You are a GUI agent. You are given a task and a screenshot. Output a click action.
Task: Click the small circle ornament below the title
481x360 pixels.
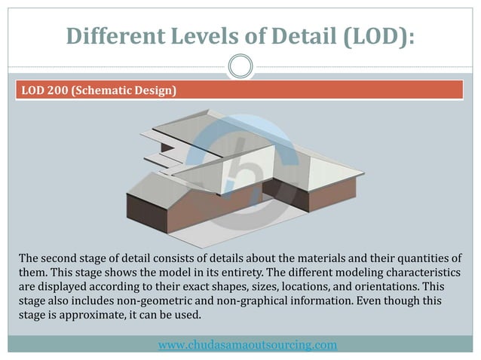[x=240, y=66]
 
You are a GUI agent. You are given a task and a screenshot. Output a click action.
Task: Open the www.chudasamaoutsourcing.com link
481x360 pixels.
[x=247, y=345]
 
